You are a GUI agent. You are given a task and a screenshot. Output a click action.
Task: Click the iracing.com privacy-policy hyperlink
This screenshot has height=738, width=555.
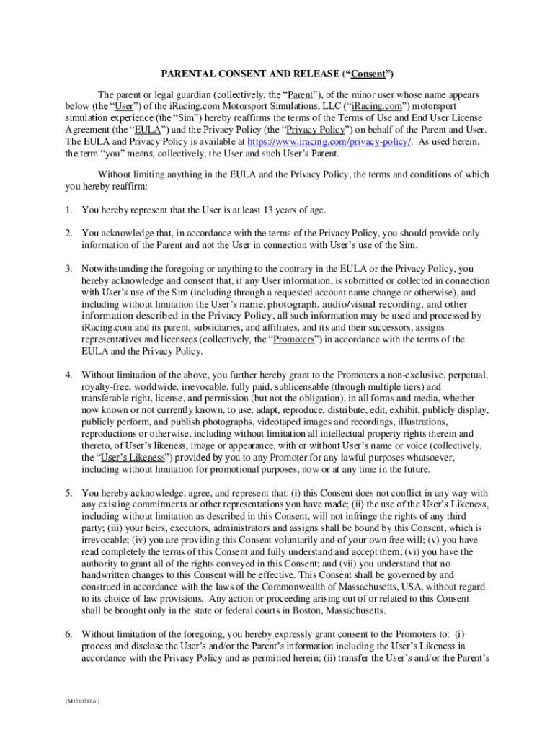pos(329,142)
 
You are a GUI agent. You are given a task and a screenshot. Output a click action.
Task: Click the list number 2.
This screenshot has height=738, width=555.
pos(68,234)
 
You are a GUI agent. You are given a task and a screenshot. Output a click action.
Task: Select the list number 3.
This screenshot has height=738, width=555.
pos(68,269)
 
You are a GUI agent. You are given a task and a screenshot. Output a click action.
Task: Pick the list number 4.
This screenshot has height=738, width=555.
pos(68,375)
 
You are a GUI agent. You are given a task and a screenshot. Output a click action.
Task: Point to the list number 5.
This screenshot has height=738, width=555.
pos(68,493)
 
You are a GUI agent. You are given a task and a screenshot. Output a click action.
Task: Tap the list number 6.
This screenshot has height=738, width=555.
pos(68,634)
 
